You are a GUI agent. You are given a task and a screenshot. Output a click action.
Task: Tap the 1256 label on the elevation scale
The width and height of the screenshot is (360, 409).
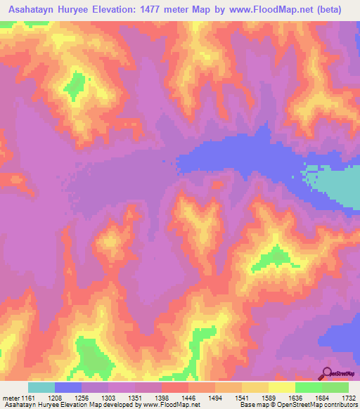pyautogui.click(x=81, y=397)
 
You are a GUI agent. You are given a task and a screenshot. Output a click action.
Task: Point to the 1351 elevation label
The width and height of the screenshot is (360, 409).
pyautogui.click(x=134, y=397)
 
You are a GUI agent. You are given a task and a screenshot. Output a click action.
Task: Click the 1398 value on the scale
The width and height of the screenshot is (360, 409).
pyautogui.click(x=161, y=397)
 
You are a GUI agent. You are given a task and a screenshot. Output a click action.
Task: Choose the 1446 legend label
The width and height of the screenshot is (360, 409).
pyautogui.click(x=188, y=397)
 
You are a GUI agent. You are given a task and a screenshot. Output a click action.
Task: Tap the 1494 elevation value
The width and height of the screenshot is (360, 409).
pyautogui.click(x=214, y=397)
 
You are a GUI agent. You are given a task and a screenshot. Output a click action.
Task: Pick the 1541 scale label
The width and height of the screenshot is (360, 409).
pyautogui.click(x=241, y=397)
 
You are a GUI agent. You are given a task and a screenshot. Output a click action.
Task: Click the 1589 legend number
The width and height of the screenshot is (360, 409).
pyautogui.click(x=268, y=397)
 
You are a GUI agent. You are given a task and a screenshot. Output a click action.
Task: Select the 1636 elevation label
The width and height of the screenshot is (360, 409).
pyautogui.click(x=295, y=397)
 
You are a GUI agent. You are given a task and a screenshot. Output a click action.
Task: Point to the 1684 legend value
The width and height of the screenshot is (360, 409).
pyautogui.click(x=321, y=397)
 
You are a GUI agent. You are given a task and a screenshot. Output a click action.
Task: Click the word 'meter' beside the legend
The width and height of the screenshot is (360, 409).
pyautogui.click(x=10, y=397)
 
